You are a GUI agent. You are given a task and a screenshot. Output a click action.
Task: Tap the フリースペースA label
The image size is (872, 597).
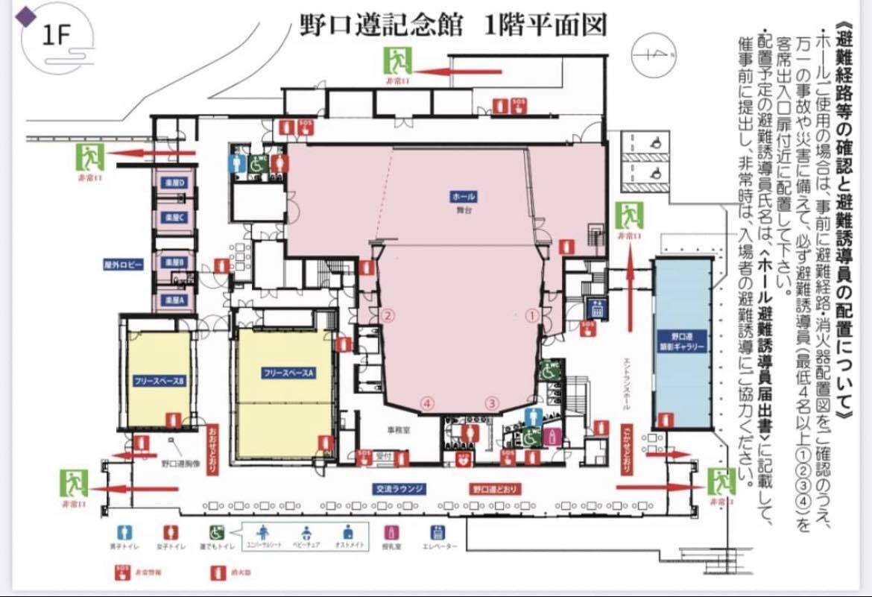pos(286,371)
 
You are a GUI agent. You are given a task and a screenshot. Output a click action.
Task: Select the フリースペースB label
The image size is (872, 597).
pos(159,380)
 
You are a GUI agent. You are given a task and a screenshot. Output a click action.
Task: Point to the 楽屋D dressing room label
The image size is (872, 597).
pos(174,183)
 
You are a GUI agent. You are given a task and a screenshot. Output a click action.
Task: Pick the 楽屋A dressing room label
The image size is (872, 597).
pos(174,300)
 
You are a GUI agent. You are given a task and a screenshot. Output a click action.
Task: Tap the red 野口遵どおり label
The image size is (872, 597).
pos(496,490)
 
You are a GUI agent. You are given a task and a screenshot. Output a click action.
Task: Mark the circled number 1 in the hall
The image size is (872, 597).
pos(532,315)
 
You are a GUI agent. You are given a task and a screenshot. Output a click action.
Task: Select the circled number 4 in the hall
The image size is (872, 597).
pos(427,402)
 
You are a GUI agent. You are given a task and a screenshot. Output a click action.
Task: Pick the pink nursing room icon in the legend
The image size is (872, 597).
pos(388,533)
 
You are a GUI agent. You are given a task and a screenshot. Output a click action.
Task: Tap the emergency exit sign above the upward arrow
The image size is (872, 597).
pos(629,217)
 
